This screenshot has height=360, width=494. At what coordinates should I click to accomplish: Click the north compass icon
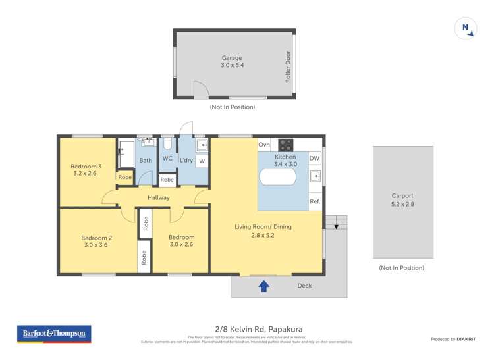pyautogui.click(x=465, y=28)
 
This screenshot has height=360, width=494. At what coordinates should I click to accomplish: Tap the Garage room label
pyautogui.click(x=231, y=58)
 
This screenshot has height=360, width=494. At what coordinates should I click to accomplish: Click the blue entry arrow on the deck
pyautogui.click(x=264, y=286)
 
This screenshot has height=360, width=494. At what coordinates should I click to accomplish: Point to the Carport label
pyautogui.click(x=402, y=195)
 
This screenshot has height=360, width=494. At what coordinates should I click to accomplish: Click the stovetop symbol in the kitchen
pyautogui.click(x=285, y=144)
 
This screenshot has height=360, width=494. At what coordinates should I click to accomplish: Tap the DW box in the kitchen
pyautogui.click(x=314, y=159)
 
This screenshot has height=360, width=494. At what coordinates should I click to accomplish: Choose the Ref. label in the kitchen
pyautogui.click(x=314, y=202)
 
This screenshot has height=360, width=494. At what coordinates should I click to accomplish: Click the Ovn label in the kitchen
pyautogui.click(x=264, y=145)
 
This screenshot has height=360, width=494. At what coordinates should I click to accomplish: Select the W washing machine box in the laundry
pyautogui.click(x=202, y=161)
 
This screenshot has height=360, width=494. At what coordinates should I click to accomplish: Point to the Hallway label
pyautogui.click(x=159, y=197)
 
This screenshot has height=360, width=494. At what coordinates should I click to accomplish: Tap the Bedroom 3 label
pyautogui.click(x=86, y=167)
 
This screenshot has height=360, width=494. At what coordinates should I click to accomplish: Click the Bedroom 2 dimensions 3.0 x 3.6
pyautogui.click(x=96, y=245)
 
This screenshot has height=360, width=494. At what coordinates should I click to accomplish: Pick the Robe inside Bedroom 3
pyautogui.click(x=124, y=177)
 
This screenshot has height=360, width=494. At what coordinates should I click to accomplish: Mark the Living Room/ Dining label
pyautogui.click(x=263, y=227)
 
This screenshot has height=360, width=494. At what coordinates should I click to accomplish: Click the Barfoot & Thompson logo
pyautogui.click(x=54, y=334)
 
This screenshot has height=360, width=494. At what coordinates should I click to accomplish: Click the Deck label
pyautogui.click(x=304, y=286)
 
